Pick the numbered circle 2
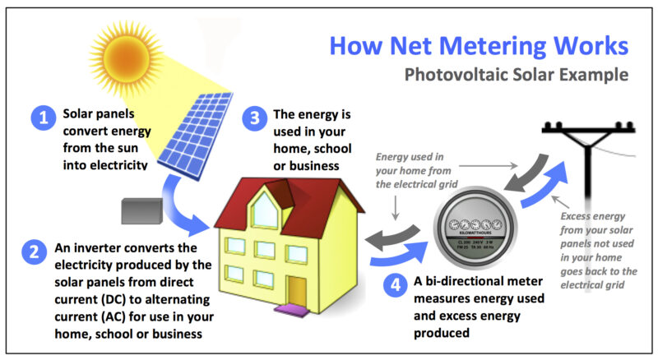pyautogui.click(x=34, y=251)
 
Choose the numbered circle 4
pyautogui.click(x=396, y=285)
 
